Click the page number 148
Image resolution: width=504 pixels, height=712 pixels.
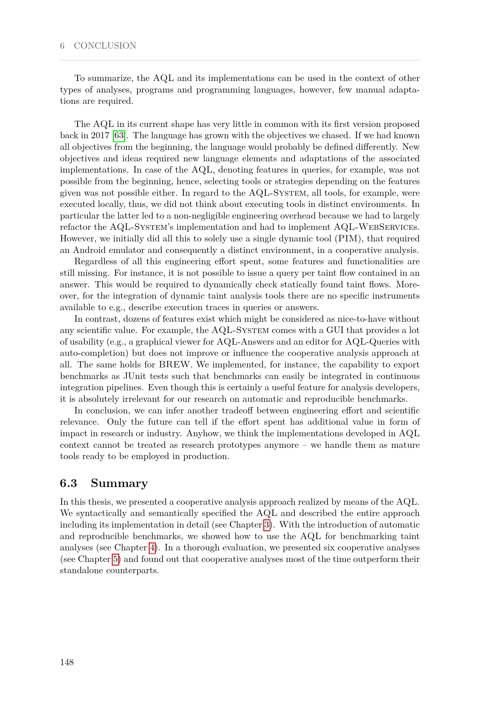67,662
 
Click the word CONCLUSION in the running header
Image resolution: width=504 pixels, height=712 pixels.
105,46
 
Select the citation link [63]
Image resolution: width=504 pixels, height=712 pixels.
119,135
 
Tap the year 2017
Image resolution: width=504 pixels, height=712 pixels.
100,135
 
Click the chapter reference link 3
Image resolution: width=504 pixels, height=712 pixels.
267,525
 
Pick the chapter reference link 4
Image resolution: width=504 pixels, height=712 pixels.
152,548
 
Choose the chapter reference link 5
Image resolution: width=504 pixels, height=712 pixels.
115,559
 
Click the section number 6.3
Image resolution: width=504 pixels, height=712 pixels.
68,483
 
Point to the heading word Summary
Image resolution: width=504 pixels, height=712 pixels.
119,483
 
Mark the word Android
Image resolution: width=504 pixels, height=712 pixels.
89,250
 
